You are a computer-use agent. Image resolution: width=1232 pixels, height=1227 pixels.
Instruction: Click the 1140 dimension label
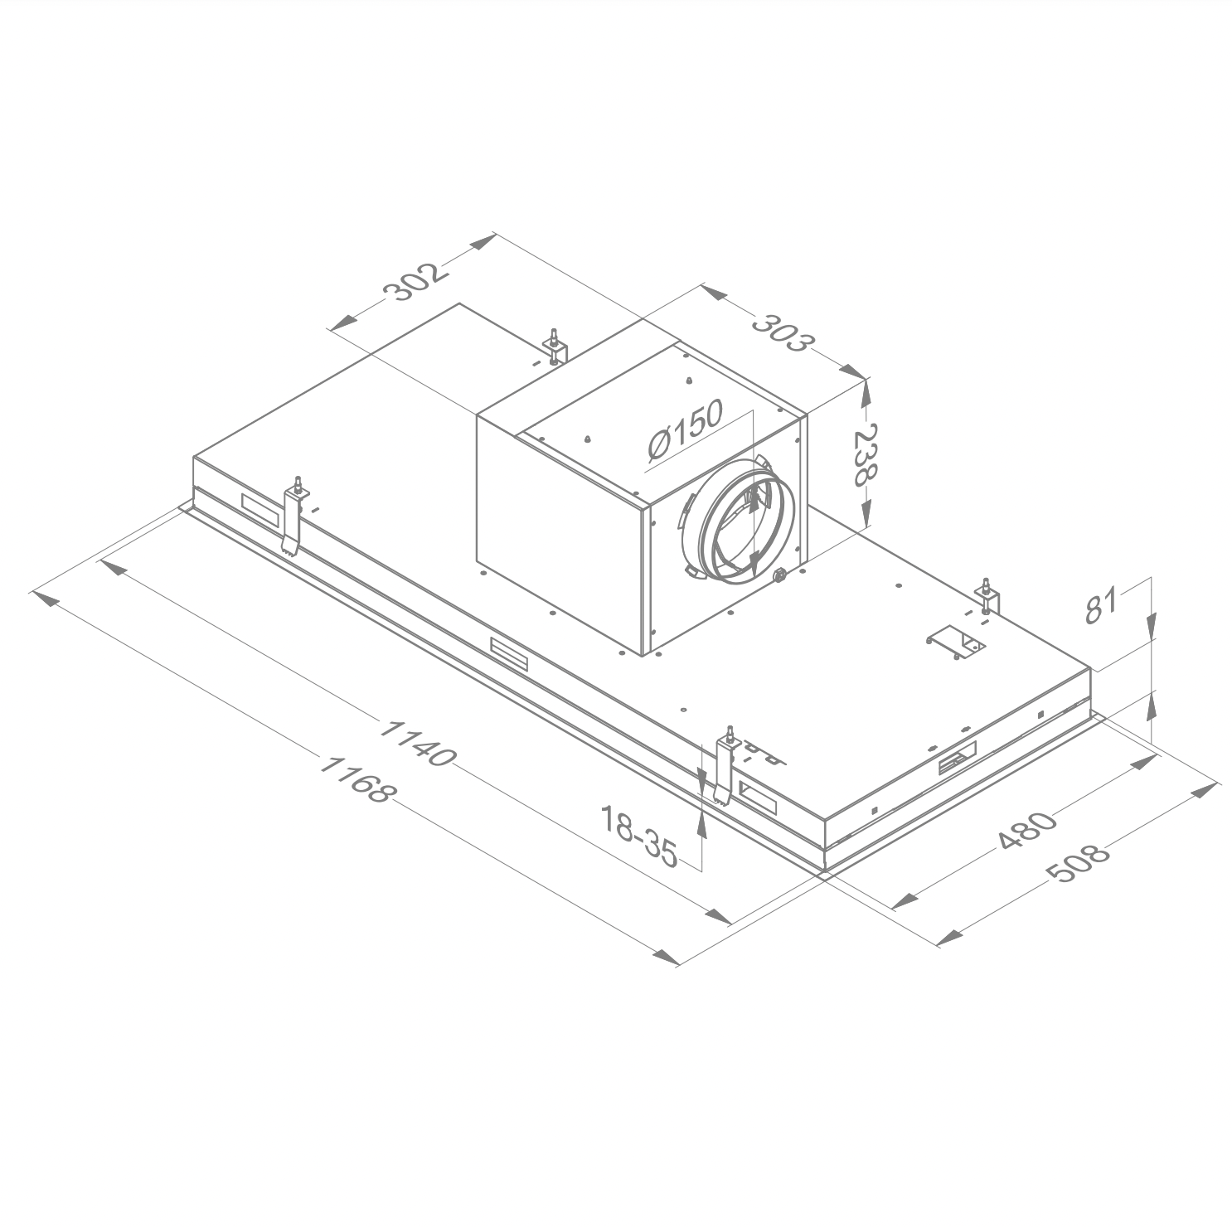(x=417, y=742)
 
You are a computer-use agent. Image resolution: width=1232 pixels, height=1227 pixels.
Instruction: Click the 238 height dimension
(x=865, y=455)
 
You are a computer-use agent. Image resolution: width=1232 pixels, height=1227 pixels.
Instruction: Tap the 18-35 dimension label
(x=639, y=837)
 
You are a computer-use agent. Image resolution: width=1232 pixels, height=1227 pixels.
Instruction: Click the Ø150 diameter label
(x=686, y=429)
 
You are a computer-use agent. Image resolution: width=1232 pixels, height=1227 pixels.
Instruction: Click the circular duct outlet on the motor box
(x=740, y=523)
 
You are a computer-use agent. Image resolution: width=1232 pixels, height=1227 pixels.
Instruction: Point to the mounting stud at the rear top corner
(x=553, y=347)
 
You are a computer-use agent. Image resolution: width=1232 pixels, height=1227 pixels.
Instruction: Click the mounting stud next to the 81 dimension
(x=988, y=597)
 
